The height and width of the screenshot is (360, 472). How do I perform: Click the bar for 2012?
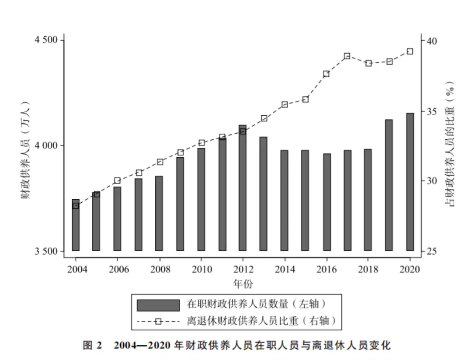(243, 188)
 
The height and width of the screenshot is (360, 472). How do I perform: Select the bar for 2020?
(410, 182)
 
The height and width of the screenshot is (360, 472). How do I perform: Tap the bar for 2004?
(76, 225)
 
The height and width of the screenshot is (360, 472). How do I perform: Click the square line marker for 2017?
(347, 56)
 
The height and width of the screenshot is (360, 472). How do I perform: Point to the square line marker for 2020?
(410, 51)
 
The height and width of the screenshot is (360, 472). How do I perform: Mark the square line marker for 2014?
(285, 104)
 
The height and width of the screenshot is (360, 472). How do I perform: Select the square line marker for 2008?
(160, 162)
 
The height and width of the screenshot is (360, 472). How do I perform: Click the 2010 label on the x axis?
(201, 269)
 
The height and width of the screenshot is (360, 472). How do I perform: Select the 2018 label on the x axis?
(368, 269)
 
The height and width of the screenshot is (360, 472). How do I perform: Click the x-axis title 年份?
(243, 284)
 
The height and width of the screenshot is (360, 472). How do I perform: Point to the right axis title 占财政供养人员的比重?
(450, 144)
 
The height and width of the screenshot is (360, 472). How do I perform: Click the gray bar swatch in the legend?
(158, 305)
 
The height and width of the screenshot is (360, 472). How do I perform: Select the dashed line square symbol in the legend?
(158, 322)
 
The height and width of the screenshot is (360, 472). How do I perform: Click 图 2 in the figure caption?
(93, 345)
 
